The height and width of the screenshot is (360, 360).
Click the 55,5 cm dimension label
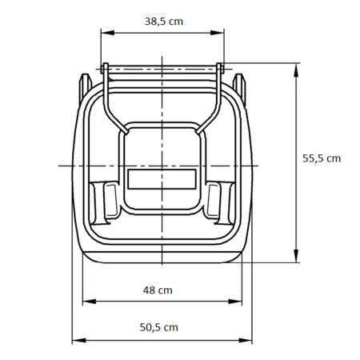322,158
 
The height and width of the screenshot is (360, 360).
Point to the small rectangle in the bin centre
162,178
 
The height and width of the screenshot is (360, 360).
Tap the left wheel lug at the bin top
83,82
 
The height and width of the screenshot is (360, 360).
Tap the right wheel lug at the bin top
238,82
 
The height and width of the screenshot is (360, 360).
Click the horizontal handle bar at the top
162,69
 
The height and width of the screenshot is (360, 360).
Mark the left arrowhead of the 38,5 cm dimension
103,33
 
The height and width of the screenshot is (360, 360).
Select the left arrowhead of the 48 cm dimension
86,302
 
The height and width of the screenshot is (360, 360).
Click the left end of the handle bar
104,69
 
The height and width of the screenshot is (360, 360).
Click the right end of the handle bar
220,69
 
